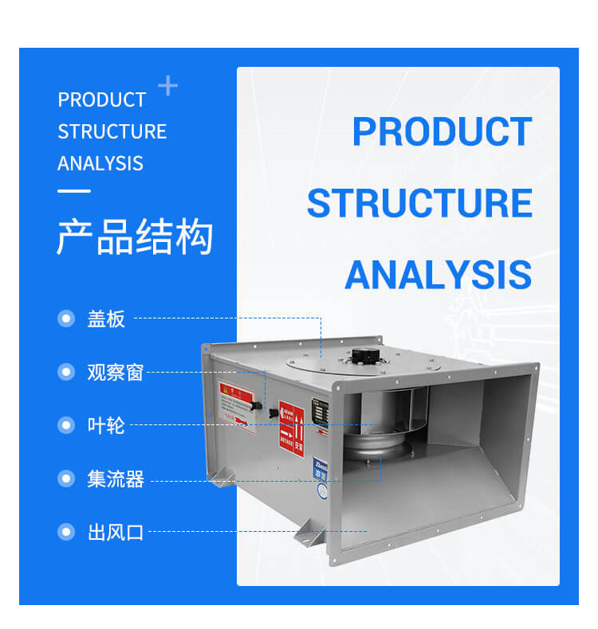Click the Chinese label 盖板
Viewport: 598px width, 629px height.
coord(106,319)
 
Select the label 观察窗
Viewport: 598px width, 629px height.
coord(115,372)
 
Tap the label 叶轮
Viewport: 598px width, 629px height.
coord(106,425)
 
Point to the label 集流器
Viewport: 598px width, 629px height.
coord(115,479)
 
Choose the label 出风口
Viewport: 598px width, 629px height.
coord(115,532)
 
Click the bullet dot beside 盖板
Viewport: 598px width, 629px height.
coord(66,319)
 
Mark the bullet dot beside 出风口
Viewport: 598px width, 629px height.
coord(66,532)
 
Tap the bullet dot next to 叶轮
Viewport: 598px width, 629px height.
coord(66,425)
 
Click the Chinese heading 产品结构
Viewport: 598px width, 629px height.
coord(135,237)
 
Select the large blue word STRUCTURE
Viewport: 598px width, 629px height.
coord(419,203)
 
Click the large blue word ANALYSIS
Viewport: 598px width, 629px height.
coord(438,275)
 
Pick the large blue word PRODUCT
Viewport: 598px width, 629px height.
coord(442,132)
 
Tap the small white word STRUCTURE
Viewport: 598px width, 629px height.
coord(112,131)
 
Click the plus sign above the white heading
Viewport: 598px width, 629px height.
coord(167,85)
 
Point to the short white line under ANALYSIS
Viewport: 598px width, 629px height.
coord(73,191)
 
